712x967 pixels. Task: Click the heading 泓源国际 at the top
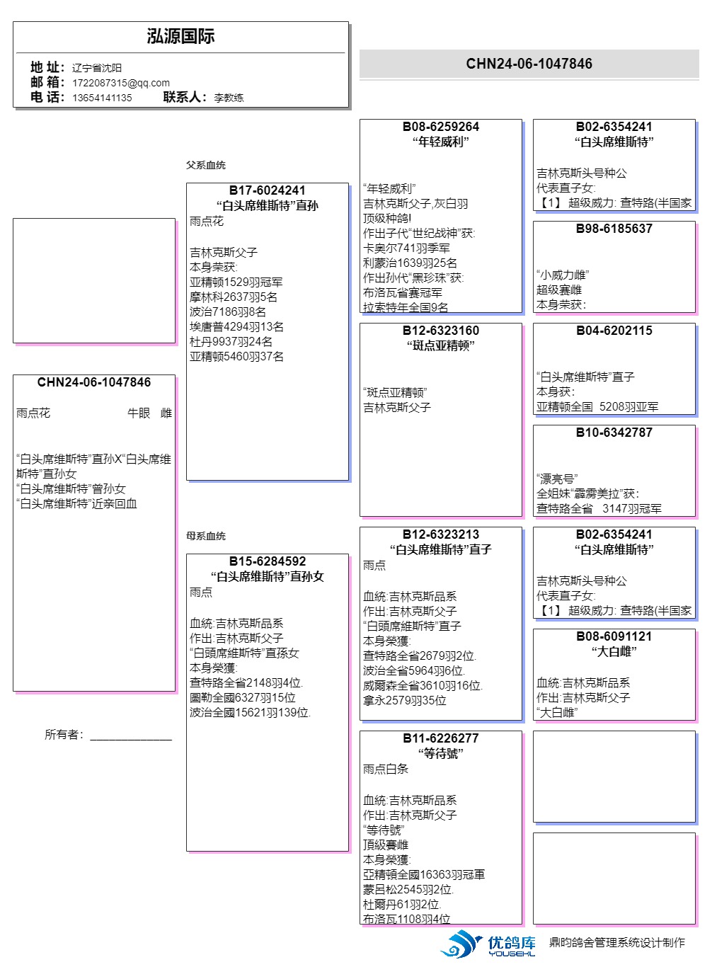180,37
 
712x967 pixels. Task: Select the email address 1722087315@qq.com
121,83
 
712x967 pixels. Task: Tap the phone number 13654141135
102,98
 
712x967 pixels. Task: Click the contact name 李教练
229,98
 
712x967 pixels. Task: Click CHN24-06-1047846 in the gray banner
529,64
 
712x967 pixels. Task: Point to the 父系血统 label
205,165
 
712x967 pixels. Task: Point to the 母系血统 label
205,536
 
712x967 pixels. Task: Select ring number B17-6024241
267,190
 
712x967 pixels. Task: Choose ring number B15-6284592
267,561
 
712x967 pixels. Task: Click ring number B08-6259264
440,127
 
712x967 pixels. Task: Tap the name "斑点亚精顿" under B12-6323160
440,345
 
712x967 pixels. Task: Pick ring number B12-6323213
440,534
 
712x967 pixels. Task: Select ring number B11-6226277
440,738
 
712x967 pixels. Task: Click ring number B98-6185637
614,229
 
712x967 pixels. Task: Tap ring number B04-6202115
614,331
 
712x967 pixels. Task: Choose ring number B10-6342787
614,433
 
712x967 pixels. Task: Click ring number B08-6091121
614,636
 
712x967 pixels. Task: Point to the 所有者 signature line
130,736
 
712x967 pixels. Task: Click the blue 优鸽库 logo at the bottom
488,944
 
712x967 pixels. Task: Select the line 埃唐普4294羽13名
236,327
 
